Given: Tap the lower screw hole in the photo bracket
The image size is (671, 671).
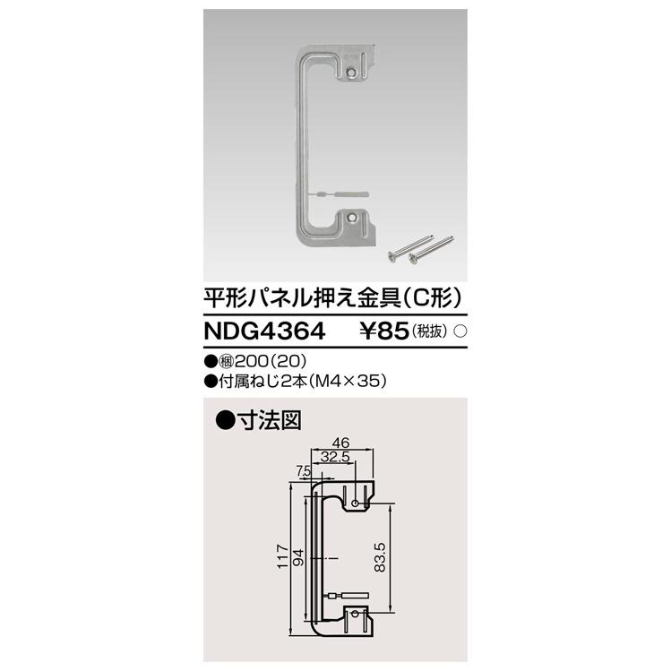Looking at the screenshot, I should tap(356, 217).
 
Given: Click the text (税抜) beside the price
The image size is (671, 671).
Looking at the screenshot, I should tap(432, 331).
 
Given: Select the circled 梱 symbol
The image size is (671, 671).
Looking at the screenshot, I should tap(235, 363).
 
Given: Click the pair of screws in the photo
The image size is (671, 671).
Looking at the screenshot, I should tap(416, 252).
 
